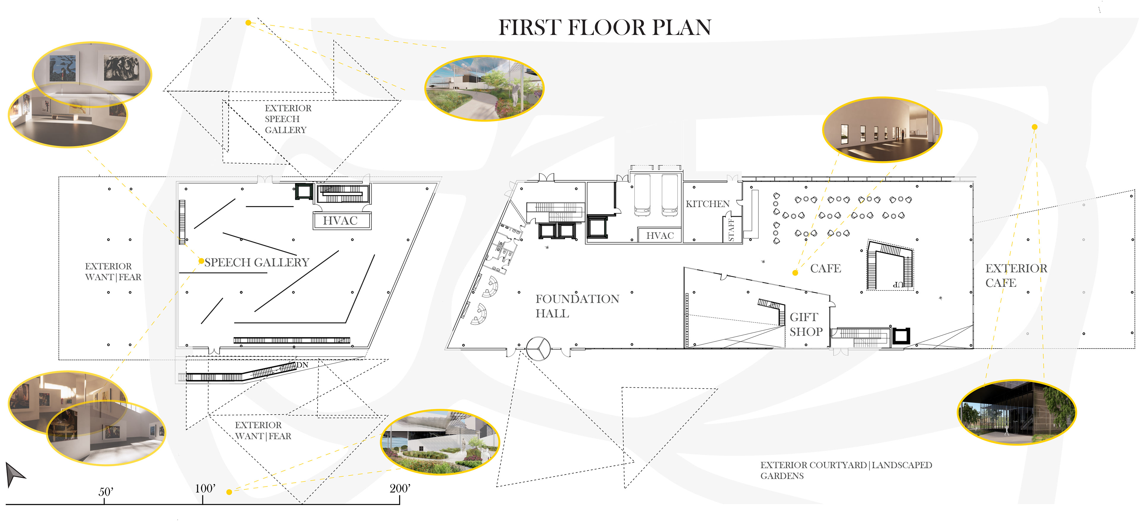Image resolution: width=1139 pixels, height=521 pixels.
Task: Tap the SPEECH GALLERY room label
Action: (x=257, y=263)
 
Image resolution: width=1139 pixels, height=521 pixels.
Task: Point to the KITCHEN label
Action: (x=707, y=204)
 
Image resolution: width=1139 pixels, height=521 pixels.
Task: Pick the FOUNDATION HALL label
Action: (x=577, y=306)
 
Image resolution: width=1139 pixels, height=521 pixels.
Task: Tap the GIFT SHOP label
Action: (x=806, y=324)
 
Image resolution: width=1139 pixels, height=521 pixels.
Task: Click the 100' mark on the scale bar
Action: (x=203, y=500)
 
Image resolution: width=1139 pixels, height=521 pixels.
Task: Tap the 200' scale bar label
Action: (x=400, y=488)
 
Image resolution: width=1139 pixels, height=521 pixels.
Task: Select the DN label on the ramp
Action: (x=303, y=365)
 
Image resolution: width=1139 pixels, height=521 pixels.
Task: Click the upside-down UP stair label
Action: (x=898, y=284)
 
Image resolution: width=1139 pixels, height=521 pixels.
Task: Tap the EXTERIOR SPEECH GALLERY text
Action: (x=288, y=119)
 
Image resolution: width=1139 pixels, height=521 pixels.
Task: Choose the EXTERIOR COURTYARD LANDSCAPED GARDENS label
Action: (x=846, y=470)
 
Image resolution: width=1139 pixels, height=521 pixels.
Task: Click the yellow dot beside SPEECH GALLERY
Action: (x=201, y=261)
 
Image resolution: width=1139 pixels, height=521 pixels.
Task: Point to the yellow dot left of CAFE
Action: (x=795, y=273)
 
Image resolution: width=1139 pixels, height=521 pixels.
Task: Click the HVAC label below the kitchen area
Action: (x=660, y=236)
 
